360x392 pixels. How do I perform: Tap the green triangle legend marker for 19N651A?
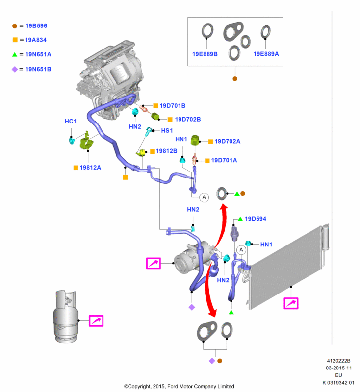(x=15, y=55)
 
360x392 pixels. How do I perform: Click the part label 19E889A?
(x=266, y=54)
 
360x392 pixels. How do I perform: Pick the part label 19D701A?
(x=224, y=160)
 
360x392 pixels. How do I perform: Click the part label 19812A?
(x=91, y=168)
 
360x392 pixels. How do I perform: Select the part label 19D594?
(x=256, y=219)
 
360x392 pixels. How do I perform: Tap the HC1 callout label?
(x=71, y=121)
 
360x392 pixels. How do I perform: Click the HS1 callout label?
(x=168, y=131)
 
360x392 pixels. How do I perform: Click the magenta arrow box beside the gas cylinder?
(x=96, y=321)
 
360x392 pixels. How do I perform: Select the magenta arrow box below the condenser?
(x=291, y=303)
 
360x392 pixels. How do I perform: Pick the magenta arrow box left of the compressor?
(x=154, y=264)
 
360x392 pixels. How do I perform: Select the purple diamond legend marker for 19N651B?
(x=15, y=69)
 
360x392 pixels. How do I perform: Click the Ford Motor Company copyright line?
(x=179, y=386)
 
